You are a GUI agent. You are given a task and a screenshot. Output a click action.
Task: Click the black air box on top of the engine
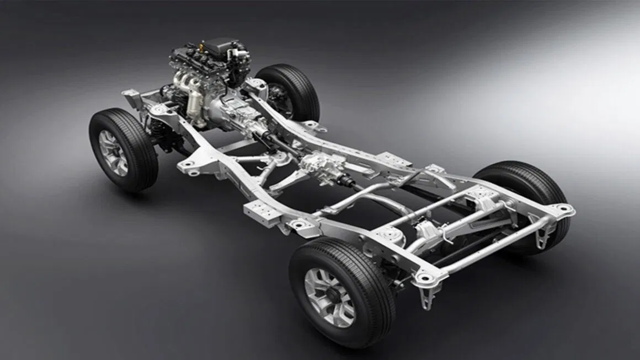pyautogui.click(x=221, y=44)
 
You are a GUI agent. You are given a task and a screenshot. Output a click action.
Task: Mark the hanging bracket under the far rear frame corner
pyautogui.click(x=543, y=234)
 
